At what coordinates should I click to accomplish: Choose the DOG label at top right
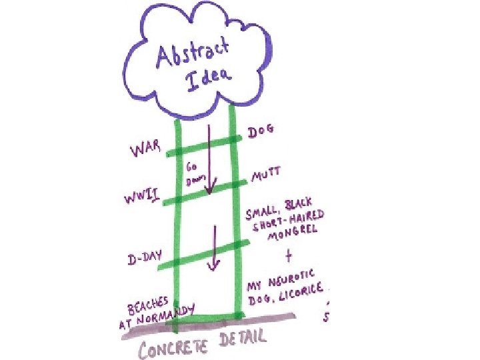point(261,132)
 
